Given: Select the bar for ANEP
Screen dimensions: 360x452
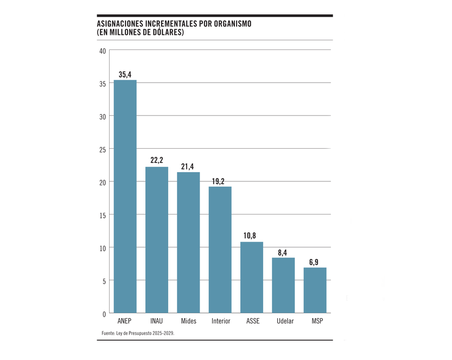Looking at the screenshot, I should (x=125, y=197).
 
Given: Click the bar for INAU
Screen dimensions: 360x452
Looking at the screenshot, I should (x=157, y=240).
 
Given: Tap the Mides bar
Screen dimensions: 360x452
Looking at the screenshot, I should (x=188, y=243).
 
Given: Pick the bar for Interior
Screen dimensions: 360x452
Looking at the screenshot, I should (x=220, y=250).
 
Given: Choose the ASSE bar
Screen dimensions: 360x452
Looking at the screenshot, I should (x=252, y=277).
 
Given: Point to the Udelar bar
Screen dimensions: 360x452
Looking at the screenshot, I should (x=283, y=286).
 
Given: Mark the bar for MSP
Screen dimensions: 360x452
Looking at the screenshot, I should (x=315, y=290).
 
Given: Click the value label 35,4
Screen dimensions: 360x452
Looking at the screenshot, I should (x=125, y=74).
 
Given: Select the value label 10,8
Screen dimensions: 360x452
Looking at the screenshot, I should (x=252, y=236).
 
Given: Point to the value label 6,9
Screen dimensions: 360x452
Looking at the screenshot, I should (x=315, y=262).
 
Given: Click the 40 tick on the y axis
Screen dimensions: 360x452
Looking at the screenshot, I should (x=103, y=50).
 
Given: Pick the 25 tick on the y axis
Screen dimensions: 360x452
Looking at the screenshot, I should (x=103, y=149).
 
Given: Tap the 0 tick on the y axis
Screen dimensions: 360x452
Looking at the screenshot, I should (x=104, y=314).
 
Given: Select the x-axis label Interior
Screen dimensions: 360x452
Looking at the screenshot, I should (x=220, y=321).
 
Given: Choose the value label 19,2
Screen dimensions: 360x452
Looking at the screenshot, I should (x=220, y=181).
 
